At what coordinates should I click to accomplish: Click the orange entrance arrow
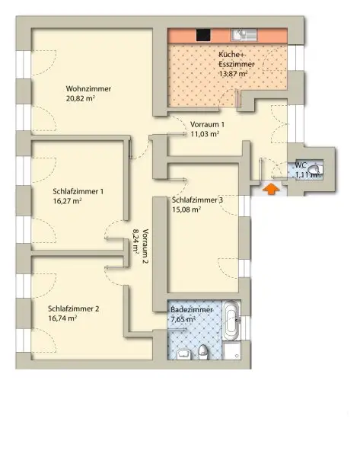tap(269, 188)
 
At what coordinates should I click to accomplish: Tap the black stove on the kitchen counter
tap(203, 35)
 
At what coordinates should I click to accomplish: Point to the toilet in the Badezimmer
tap(204, 351)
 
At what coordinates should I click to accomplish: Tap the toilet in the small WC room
tap(314, 171)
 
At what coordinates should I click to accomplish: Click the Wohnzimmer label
tap(88, 89)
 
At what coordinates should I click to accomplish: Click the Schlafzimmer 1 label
tap(78, 192)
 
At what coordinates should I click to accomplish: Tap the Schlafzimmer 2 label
tap(73, 308)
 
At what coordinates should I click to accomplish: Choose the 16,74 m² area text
tap(62, 319)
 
